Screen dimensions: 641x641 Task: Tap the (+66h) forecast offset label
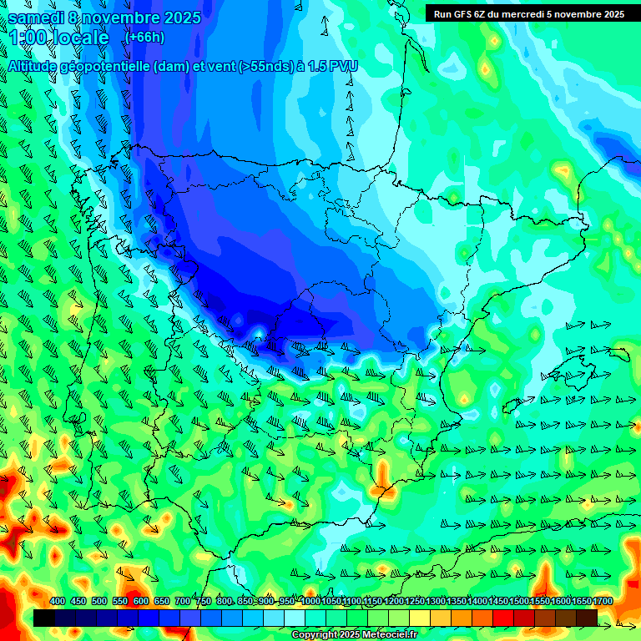point(144,37)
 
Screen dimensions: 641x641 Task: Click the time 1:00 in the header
point(28,38)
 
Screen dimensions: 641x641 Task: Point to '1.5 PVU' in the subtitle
point(332,65)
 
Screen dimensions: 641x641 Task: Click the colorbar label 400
point(58,602)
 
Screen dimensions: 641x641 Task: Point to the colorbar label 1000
point(310,602)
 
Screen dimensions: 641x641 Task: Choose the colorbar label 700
point(183,602)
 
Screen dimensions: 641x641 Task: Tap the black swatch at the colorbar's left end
point(44,618)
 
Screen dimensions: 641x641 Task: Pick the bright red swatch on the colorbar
point(503,618)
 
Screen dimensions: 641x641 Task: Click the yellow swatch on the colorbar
point(420,618)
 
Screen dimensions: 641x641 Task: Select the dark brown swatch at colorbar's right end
point(587,618)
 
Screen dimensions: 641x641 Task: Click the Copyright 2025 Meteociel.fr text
point(354,635)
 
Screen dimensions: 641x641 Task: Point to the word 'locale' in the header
point(82,38)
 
